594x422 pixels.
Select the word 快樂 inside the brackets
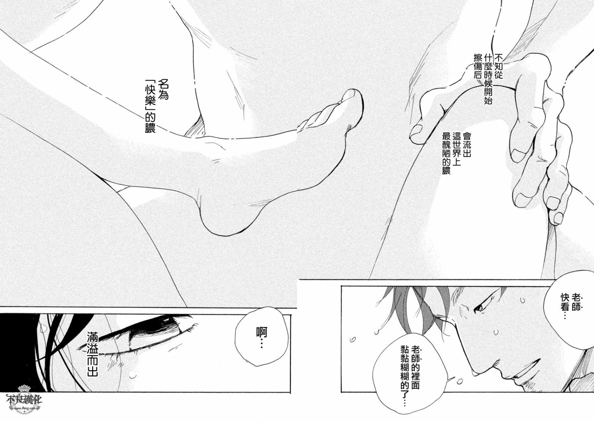click(150, 98)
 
